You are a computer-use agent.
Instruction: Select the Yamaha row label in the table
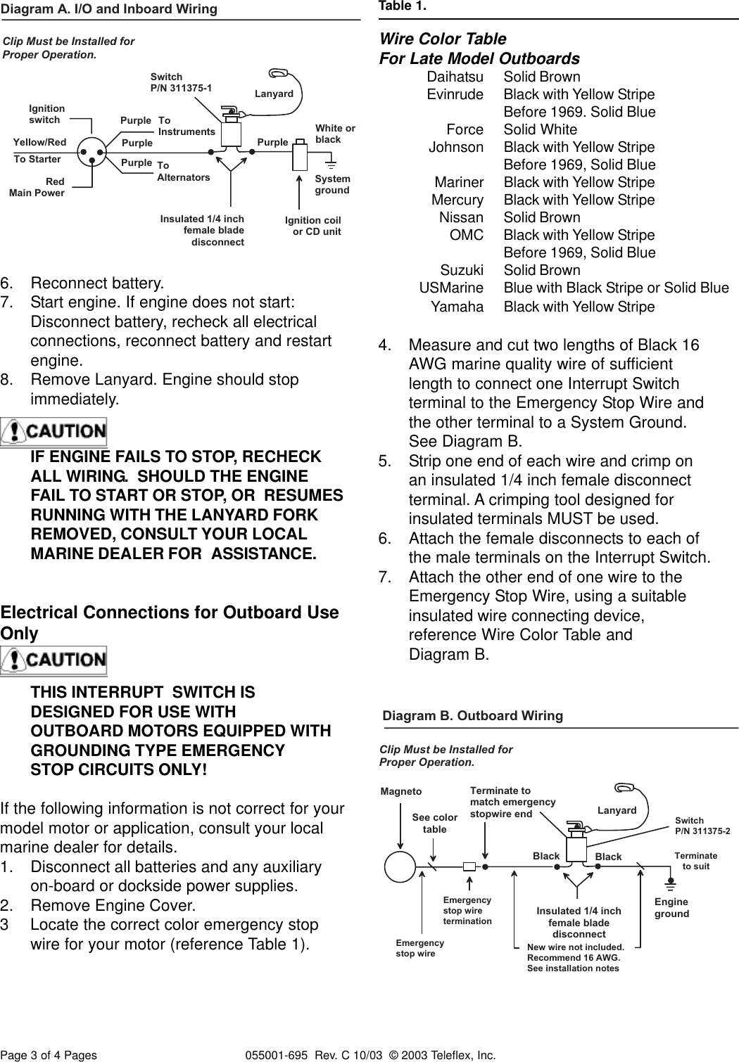(x=457, y=307)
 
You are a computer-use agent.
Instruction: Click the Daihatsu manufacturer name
(x=455, y=77)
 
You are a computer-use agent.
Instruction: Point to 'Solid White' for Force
(x=540, y=129)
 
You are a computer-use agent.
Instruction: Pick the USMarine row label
(x=451, y=288)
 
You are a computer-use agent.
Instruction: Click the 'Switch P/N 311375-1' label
(x=181, y=82)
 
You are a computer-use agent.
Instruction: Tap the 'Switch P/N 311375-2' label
(x=702, y=826)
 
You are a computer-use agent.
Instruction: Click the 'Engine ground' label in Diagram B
(x=671, y=907)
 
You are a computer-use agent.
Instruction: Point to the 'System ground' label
(x=332, y=184)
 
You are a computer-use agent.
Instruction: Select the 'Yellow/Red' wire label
(x=40, y=142)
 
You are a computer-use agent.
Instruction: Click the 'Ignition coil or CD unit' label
(x=312, y=226)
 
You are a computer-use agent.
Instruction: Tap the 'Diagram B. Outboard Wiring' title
(x=472, y=715)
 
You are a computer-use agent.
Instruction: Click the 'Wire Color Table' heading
(x=443, y=39)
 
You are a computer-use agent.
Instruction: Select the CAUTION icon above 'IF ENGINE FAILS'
(x=53, y=431)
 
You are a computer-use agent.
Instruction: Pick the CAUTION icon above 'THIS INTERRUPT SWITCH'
(x=53, y=660)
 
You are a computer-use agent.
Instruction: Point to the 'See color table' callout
(x=434, y=823)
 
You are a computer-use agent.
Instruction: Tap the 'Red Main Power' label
(x=37, y=188)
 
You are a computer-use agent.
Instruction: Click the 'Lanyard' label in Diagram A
(x=274, y=94)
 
